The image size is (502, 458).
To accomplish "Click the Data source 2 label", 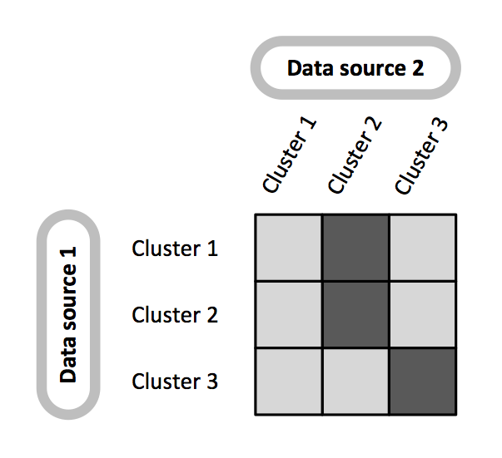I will tap(355, 68).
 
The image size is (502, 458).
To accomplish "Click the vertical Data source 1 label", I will tap(68, 314).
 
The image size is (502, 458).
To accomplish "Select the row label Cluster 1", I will tap(175, 249).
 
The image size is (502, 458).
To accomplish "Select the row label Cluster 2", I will tap(175, 315).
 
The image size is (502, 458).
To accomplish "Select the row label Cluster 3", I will tap(175, 382).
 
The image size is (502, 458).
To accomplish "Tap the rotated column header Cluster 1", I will tap(290, 156).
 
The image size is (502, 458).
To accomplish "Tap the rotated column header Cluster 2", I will tap(355, 156).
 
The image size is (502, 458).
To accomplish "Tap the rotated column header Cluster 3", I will tap(421, 156).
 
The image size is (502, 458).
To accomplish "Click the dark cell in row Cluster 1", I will tap(355, 248).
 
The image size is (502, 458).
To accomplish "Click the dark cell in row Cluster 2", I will tap(355, 315).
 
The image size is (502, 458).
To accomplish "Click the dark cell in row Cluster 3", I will tap(423, 382).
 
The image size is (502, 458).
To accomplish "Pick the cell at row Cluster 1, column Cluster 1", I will tap(288, 248).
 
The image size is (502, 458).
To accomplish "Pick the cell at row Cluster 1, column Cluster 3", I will tap(423, 248).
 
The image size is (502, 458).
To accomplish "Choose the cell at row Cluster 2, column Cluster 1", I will tap(288, 315).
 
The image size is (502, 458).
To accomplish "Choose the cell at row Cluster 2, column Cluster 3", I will tap(423, 315).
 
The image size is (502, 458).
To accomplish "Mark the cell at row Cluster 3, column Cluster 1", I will tap(288, 382).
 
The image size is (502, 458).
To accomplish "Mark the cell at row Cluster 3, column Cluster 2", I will tap(355, 382).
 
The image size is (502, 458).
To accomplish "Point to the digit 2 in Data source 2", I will tap(417, 68).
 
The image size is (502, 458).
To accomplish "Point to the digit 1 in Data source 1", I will tap(68, 253).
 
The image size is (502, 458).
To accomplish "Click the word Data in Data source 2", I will tap(306, 68).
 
